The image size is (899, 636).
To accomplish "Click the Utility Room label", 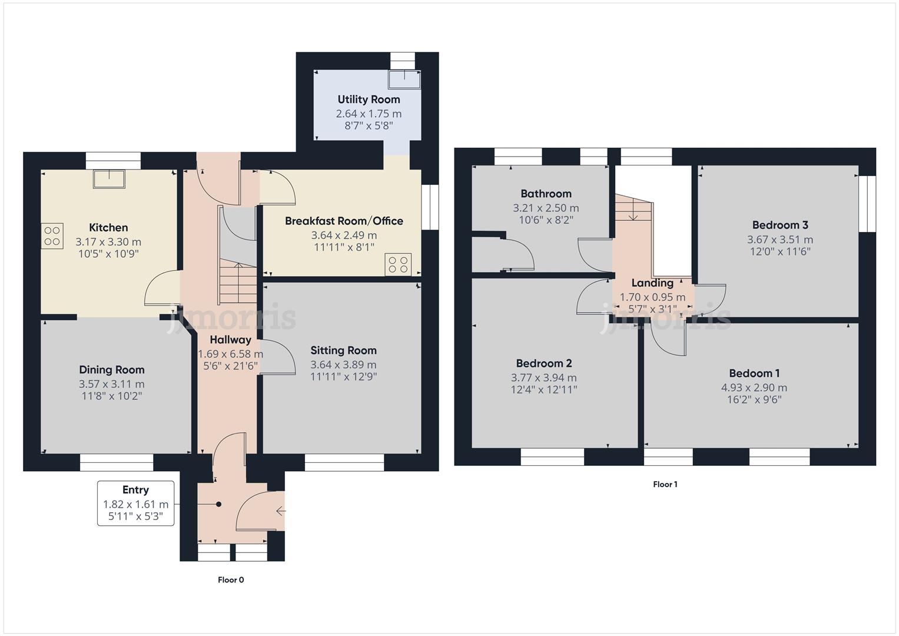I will click(369, 100).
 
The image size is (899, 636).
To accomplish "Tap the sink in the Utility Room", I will click(404, 79).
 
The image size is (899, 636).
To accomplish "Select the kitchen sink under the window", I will click(109, 179).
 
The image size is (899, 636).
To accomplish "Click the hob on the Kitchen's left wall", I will click(52, 236).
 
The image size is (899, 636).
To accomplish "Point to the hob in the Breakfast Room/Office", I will click(398, 264).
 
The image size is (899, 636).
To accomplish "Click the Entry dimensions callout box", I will click(135, 503).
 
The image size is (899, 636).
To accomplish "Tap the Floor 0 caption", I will click(231, 580).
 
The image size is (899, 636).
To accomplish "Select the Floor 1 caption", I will click(665, 485).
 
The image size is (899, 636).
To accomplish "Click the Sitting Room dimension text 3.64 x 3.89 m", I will click(343, 365).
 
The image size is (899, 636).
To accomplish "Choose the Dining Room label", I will click(112, 370).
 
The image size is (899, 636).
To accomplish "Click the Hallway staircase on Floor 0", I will click(238, 283).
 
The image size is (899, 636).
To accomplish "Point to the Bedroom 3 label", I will click(780, 225).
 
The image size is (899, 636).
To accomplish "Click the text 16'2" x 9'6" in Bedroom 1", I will click(754, 400).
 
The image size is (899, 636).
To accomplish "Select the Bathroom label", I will click(546, 194).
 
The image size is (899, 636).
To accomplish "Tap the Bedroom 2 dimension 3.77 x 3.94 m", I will click(543, 378).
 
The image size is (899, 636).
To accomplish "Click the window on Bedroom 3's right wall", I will click(867, 204).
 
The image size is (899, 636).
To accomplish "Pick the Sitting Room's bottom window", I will click(344, 462).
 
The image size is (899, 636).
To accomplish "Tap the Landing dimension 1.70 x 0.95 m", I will click(652, 297).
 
